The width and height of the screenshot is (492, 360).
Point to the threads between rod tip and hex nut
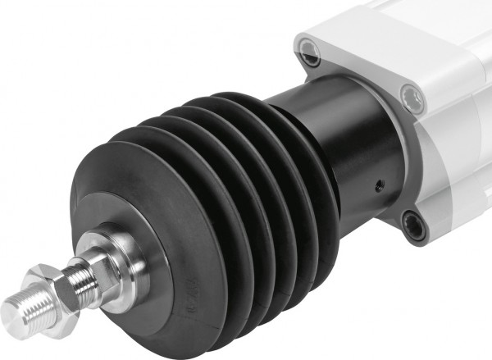[x=30, y=306]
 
